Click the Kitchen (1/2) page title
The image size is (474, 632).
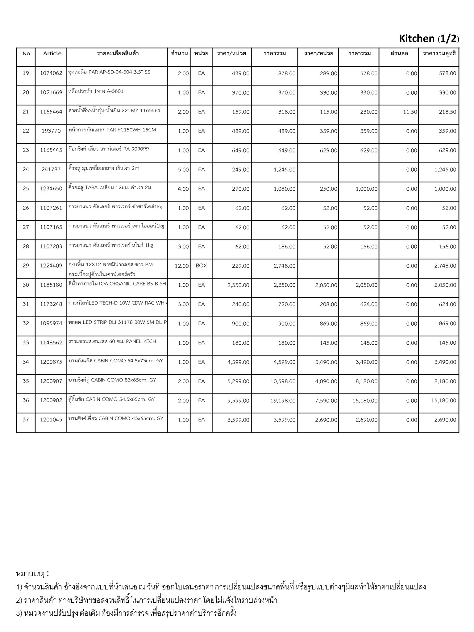[x=429, y=39]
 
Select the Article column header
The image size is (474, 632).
[x=52, y=53]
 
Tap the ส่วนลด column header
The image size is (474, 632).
[x=399, y=53]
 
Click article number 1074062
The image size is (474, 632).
[x=51, y=73]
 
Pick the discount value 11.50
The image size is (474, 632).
[x=410, y=112]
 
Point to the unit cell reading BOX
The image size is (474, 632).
[x=201, y=265]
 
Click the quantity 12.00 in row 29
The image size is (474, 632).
[x=181, y=266]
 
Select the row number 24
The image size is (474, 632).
[x=26, y=169]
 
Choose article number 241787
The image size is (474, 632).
[x=51, y=169]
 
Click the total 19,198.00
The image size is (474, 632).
[x=283, y=401]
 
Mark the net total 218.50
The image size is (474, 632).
[x=447, y=112]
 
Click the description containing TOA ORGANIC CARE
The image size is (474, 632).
[x=117, y=284]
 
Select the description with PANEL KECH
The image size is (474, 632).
[x=112, y=341]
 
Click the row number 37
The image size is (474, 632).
[x=26, y=420]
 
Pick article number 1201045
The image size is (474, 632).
[x=51, y=420]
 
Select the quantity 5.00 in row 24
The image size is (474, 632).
[x=183, y=169]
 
